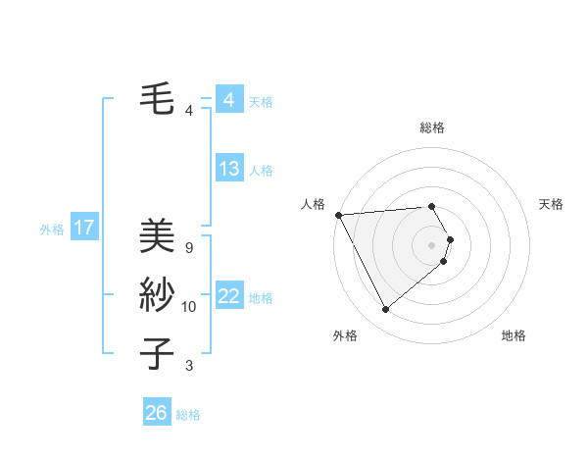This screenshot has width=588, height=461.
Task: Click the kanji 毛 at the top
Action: tap(157, 99)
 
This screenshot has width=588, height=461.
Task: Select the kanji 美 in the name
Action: tap(157, 235)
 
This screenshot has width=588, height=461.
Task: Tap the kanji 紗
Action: tap(157, 295)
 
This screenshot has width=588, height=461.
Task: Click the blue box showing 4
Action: tap(228, 100)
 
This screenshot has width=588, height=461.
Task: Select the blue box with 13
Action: tap(228, 169)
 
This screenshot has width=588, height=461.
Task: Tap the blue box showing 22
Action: tap(228, 296)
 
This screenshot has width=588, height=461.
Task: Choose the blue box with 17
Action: tap(84, 228)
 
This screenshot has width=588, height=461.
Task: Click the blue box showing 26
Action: tap(156, 413)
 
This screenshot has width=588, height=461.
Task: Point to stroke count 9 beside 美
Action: tap(189, 248)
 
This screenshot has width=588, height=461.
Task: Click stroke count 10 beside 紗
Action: tap(189, 307)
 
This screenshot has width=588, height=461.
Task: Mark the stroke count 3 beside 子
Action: tap(189, 366)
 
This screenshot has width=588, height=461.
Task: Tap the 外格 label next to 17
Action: tap(52, 230)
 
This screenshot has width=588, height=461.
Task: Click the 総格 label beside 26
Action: tap(188, 415)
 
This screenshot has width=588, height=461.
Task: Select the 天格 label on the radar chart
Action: tap(552, 204)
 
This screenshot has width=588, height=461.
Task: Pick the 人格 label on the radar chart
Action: tap(313, 204)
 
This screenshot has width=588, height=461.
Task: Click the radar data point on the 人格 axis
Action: tap(338, 214)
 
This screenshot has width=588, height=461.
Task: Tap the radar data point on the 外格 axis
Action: tap(385, 310)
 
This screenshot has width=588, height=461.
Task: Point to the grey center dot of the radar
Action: tap(431, 244)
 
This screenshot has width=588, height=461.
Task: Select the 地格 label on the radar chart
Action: tap(514, 335)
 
